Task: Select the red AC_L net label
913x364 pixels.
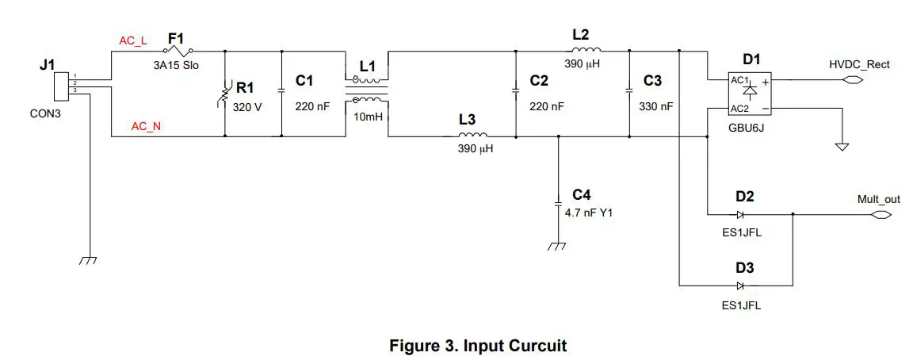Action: point(132,40)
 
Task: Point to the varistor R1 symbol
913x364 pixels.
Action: point(227,94)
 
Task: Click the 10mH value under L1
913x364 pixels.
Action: point(366,117)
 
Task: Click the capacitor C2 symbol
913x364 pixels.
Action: point(516,90)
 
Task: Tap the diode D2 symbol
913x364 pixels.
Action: point(739,214)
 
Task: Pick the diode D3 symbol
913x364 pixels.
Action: point(739,285)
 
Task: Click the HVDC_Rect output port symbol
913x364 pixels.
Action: point(853,80)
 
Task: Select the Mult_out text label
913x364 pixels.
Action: point(879,199)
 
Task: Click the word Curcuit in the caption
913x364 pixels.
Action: point(531,346)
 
